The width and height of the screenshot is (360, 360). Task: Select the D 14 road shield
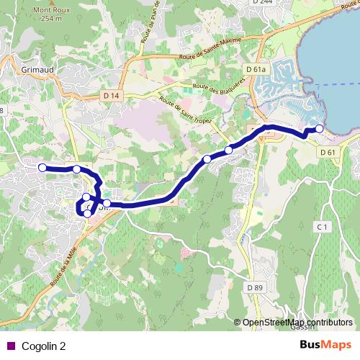[x=111, y=94]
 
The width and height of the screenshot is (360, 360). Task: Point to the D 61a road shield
[x=256, y=69]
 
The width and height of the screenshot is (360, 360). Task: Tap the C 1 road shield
[x=322, y=228]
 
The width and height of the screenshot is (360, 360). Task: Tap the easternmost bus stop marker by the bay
[x=320, y=129]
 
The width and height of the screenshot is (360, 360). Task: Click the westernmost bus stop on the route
[x=42, y=168]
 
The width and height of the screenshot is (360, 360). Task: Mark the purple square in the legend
[x=9, y=345]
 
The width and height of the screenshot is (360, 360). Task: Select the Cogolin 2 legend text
[x=42, y=345]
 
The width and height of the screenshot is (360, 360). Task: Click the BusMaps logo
[x=327, y=345]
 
